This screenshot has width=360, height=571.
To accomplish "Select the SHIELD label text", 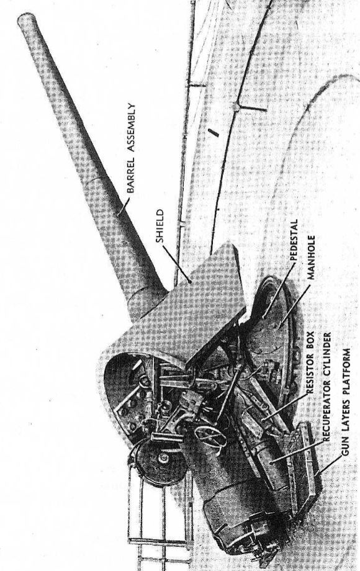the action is (160, 226).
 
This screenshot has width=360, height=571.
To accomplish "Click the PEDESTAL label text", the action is (294, 239).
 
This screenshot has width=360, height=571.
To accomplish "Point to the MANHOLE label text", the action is (310, 257).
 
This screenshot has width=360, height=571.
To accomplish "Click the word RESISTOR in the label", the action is (310, 376).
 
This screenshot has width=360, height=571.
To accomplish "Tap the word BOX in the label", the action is (310, 343).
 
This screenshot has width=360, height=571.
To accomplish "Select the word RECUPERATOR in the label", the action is (326, 413).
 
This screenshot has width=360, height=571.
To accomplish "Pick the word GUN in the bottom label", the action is (344, 447).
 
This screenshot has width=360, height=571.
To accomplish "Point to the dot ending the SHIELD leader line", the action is (190, 281).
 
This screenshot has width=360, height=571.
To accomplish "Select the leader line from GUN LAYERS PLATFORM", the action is (329, 465).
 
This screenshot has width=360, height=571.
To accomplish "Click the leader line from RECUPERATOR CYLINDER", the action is (297, 452).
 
